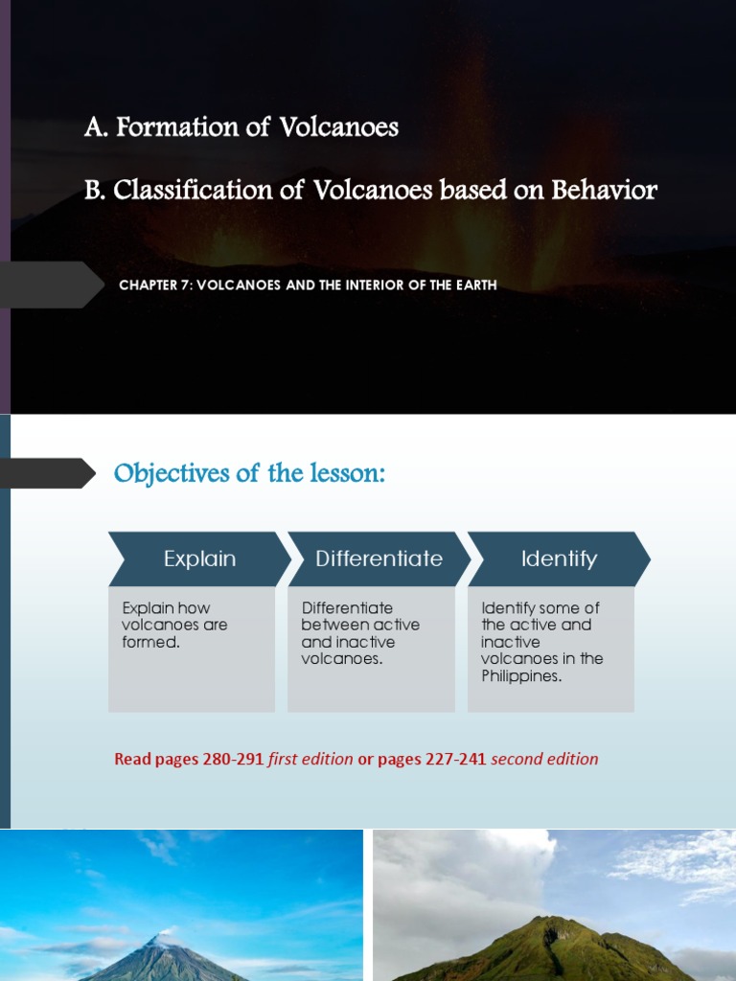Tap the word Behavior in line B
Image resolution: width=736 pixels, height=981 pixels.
[x=604, y=190]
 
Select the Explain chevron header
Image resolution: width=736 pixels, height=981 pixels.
[x=199, y=559]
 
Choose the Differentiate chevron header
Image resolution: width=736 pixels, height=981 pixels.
[x=379, y=559]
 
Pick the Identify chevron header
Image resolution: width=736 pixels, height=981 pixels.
[x=559, y=559]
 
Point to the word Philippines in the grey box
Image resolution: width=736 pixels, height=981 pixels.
[x=520, y=676]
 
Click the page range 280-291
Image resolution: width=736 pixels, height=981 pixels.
[x=233, y=760]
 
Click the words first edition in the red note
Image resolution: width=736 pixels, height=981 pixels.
[x=310, y=760]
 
